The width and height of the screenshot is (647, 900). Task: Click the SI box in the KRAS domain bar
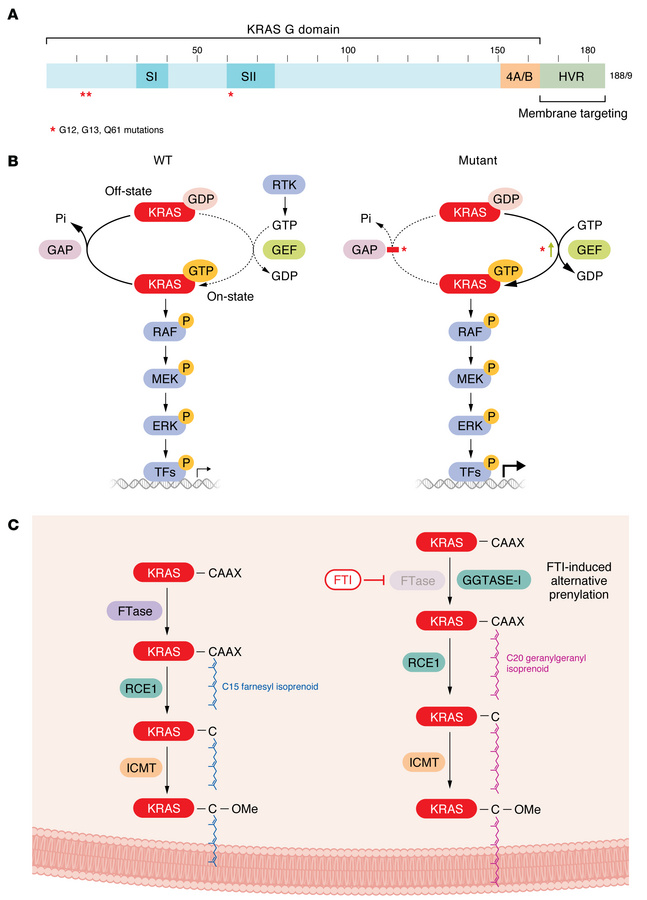pos(152,76)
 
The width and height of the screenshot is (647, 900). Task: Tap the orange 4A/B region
pos(520,76)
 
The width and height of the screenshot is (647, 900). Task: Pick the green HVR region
pos(572,76)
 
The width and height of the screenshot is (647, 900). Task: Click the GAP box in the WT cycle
pos(62,249)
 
